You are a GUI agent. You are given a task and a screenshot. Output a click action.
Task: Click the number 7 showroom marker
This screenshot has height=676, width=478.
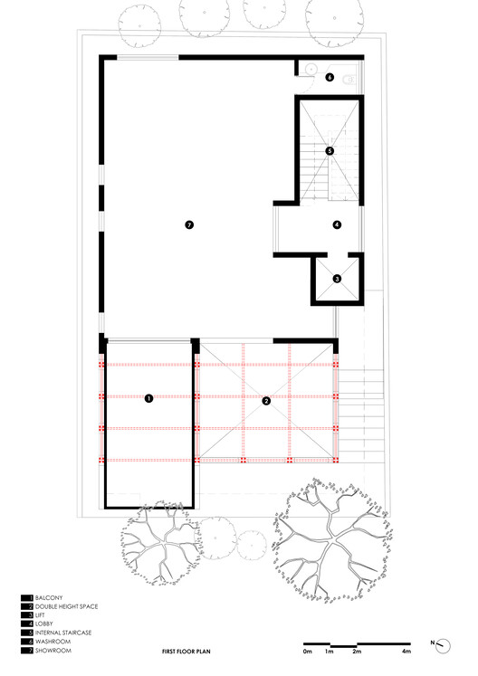coord(189,224)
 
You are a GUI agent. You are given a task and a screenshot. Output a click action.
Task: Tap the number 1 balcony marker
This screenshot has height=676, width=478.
coord(148,398)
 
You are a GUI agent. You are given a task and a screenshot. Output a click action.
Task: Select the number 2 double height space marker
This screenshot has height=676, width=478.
coord(266,401)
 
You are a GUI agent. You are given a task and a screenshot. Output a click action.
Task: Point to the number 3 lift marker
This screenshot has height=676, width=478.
coord(337,279)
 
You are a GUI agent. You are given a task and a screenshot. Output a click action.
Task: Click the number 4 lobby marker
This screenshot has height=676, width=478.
coord(337,224)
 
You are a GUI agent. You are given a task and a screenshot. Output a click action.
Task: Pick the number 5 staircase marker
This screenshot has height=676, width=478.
coord(330,151)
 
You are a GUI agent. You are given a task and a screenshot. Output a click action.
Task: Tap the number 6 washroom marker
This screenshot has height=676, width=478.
coord(330,78)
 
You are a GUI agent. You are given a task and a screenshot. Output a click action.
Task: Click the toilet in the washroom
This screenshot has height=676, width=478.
coord(350,80)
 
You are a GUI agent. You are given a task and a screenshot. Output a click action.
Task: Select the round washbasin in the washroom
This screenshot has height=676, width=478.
coord(311,69)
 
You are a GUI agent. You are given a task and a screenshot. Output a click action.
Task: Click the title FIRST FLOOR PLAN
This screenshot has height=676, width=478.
coord(186,652)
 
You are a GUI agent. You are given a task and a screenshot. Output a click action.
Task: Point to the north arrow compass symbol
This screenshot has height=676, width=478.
coord(443,645)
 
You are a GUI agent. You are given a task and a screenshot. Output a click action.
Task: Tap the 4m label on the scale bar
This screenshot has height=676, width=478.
coord(406,652)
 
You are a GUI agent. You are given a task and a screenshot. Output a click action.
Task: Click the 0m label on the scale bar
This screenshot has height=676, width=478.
coord(307,652)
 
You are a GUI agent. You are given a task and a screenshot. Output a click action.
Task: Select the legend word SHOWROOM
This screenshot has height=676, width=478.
coord(53,650)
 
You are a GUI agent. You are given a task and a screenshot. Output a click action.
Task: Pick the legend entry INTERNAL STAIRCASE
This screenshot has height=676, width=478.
coord(63,633)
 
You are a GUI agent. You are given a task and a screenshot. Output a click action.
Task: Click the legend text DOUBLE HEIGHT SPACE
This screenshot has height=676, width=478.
coord(66,606)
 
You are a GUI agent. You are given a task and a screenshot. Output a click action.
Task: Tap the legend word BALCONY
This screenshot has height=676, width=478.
coord(49,597)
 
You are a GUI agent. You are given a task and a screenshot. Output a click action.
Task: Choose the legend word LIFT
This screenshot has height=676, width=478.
coord(40,615)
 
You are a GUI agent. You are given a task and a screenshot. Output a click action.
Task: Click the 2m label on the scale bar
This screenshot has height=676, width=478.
coord(357,652)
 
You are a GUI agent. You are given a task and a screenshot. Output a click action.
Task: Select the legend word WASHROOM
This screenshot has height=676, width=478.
coord(53,642)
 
